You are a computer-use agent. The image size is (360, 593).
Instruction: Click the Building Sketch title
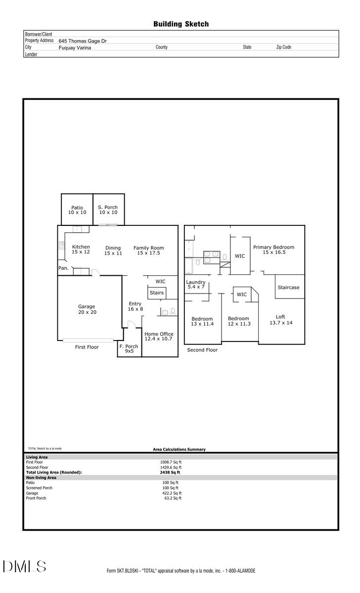click(181, 24)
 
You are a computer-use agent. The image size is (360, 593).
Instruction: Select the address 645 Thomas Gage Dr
click(83, 42)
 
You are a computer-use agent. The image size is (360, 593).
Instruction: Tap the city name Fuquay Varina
click(75, 48)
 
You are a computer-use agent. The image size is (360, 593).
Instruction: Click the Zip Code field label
click(283, 47)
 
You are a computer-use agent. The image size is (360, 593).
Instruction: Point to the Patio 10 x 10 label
click(77, 210)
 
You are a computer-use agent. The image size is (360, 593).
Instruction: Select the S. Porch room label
click(108, 210)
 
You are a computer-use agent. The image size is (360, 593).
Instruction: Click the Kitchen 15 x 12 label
click(81, 250)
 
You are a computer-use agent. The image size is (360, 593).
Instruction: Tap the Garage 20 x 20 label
click(87, 309)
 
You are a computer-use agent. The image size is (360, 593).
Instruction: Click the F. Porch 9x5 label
click(129, 348)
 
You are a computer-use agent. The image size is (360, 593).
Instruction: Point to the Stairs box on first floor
click(156, 293)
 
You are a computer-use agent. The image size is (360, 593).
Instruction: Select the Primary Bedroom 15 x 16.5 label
click(273, 250)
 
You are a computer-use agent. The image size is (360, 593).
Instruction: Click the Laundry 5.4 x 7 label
click(195, 285)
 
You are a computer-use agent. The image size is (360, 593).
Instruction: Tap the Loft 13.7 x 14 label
click(280, 320)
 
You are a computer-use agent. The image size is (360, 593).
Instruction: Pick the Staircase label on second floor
click(288, 288)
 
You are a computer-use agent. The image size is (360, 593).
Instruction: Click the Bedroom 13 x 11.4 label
click(202, 322)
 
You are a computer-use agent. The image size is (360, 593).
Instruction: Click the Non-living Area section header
click(41, 478)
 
